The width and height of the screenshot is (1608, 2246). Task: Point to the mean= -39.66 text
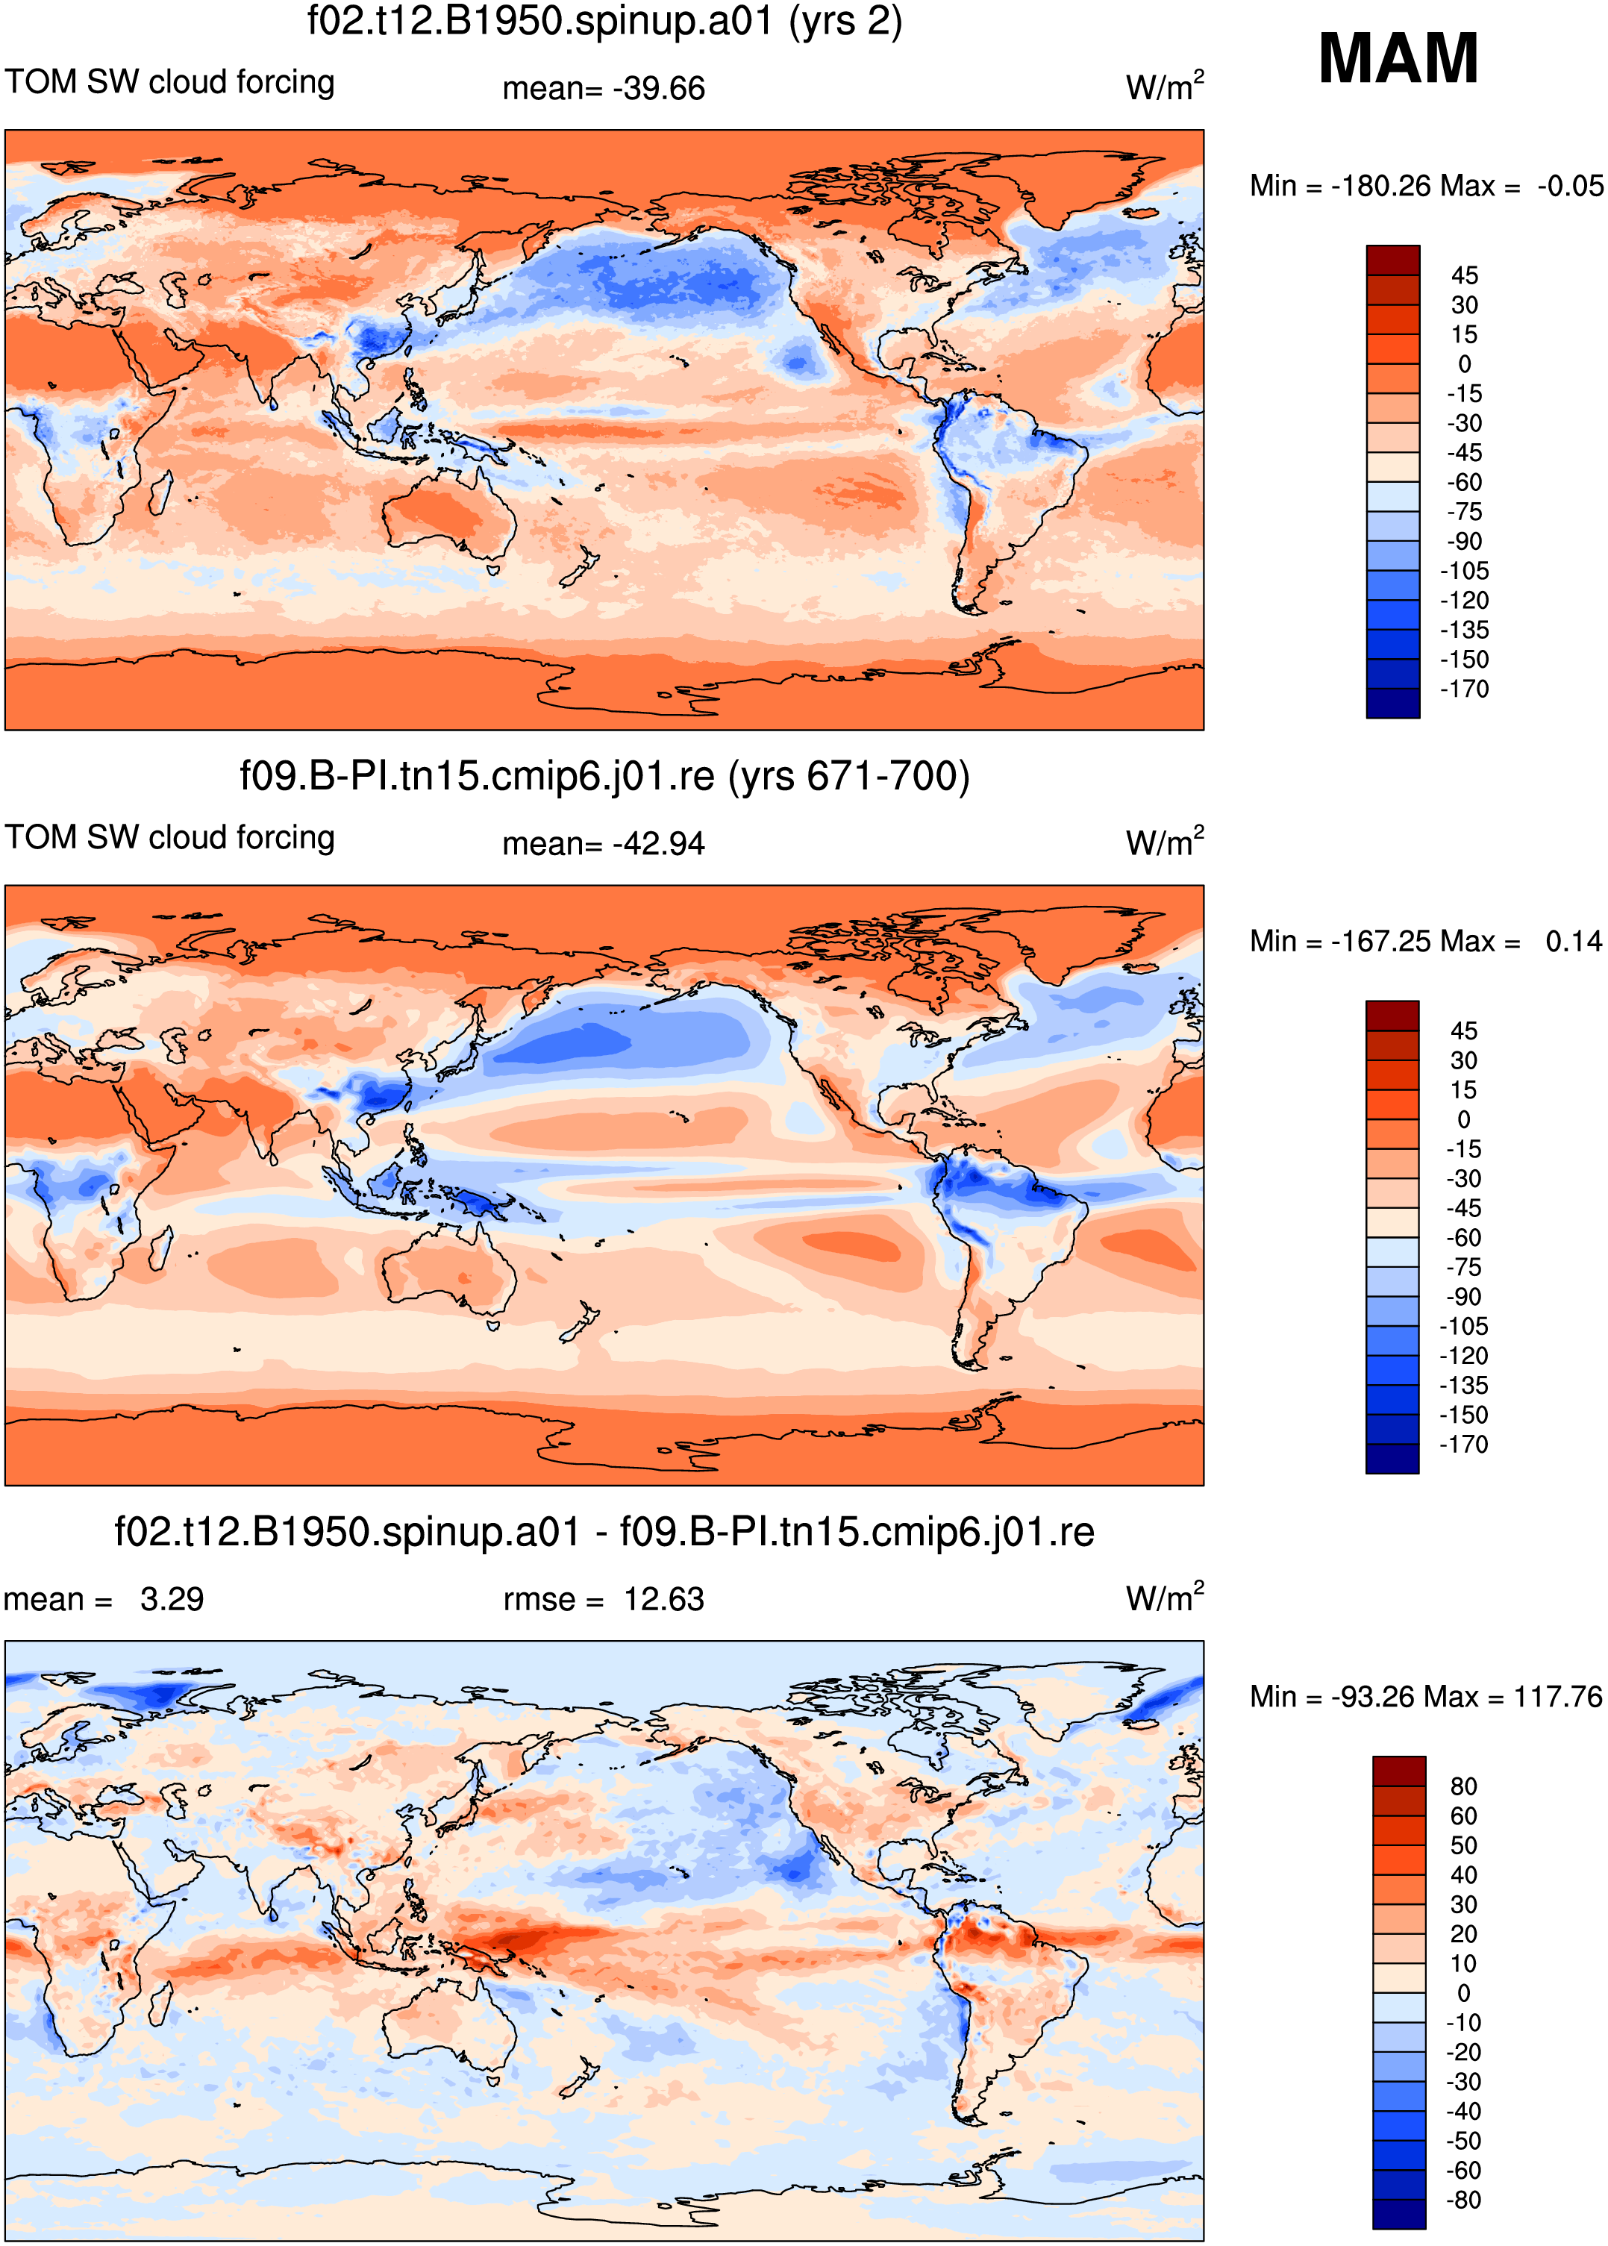pyautogui.click(x=603, y=88)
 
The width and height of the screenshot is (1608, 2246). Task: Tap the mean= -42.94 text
pyautogui.click(x=603, y=843)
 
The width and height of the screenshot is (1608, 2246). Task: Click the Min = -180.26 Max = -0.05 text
pyautogui.click(x=1426, y=185)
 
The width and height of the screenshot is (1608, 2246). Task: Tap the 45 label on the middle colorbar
pyautogui.click(x=1465, y=1030)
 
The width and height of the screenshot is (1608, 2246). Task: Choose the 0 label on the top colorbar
pyautogui.click(x=1465, y=364)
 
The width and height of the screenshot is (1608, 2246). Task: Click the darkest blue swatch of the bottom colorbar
pyautogui.click(x=1399, y=2215)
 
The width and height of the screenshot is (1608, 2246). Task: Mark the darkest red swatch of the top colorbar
pyautogui.click(x=1393, y=260)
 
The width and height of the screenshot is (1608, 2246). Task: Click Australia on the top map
pyautogui.click(x=451, y=515)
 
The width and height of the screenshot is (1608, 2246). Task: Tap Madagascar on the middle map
pyautogui.click(x=160, y=1249)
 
